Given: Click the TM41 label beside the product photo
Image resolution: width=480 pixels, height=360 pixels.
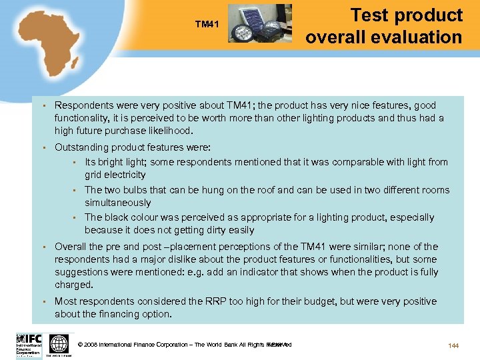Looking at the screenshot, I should [207, 25].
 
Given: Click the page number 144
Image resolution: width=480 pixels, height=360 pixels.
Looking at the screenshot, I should [453, 345].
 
